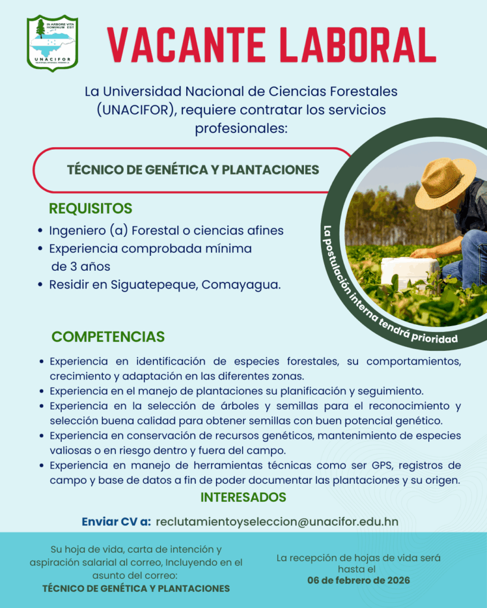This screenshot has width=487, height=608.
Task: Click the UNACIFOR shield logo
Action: point(52,43)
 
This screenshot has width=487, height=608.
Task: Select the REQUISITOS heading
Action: point(90,208)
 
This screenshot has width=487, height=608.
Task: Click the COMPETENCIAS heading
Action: point(108,337)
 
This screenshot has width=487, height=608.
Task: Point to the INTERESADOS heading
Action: point(244,497)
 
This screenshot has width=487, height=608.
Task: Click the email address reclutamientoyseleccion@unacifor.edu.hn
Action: point(277,522)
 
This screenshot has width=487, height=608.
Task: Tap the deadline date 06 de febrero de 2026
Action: point(359,581)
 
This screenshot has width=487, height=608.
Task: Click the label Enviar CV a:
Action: point(116,522)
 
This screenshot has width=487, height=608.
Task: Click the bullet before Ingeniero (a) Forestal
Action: point(40,231)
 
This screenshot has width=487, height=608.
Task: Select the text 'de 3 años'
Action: point(81,267)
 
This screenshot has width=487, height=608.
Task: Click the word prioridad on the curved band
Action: point(435,338)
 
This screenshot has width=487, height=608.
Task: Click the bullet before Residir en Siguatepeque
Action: point(40,285)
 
